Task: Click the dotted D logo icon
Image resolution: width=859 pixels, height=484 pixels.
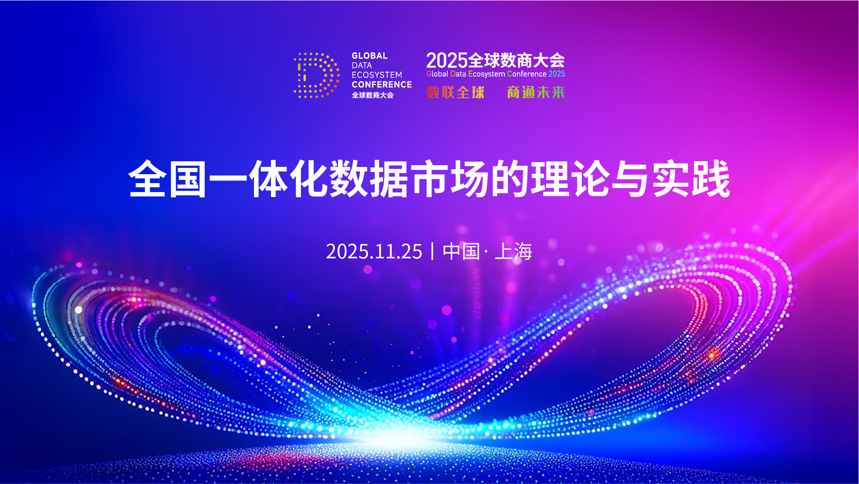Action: [317, 75]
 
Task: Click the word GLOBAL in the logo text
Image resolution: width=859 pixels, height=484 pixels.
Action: [369, 56]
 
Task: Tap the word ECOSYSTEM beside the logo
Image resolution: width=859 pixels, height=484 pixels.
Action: [377, 75]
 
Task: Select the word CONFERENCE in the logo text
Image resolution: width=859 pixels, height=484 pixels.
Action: [381, 85]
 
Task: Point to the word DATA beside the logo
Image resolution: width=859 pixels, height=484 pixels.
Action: [361, 65]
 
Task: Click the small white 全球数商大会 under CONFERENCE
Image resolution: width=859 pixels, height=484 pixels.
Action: [372, 95]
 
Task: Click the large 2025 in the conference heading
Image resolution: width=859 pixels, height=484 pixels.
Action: [447, 60]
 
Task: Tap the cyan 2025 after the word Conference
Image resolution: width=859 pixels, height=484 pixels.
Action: [557, 74]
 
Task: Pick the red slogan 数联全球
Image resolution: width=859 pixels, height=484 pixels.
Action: [455, 92]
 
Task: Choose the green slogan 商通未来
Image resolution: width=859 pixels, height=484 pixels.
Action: [536, 92]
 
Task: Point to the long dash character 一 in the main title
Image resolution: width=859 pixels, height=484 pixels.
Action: [228, 180]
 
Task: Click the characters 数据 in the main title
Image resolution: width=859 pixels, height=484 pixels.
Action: [369, 179]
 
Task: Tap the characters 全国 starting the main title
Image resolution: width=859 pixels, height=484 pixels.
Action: [168, 179]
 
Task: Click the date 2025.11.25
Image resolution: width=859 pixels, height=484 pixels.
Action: [374, 252]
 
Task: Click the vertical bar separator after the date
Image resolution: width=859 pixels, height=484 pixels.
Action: [432, 251]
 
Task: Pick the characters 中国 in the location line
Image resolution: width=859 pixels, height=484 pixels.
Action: [461, 252]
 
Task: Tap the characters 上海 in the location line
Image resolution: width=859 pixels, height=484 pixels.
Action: [513, 252]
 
